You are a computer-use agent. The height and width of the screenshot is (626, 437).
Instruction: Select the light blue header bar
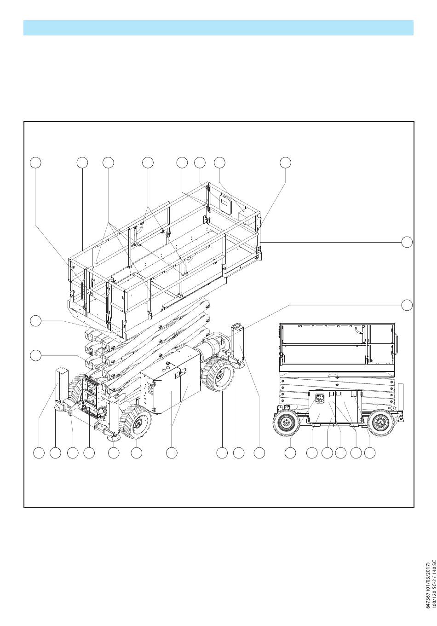pos(218,28)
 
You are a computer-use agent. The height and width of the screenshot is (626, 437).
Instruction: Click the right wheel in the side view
pos(380,423)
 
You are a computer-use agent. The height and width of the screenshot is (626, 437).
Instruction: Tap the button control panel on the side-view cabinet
pos(319,398)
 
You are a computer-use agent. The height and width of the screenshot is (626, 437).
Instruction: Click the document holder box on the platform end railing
pos(225,202)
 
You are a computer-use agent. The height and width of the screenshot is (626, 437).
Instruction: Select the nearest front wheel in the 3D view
pos(135,422)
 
